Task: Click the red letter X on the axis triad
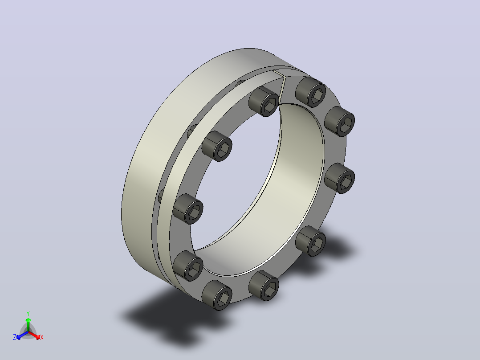42,337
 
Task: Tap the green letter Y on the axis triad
28,313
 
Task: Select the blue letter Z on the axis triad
15,337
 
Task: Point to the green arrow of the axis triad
28,324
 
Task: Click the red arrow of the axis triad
34,335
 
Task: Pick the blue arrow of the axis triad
22,335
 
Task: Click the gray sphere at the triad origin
28,332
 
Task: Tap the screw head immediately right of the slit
311,92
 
